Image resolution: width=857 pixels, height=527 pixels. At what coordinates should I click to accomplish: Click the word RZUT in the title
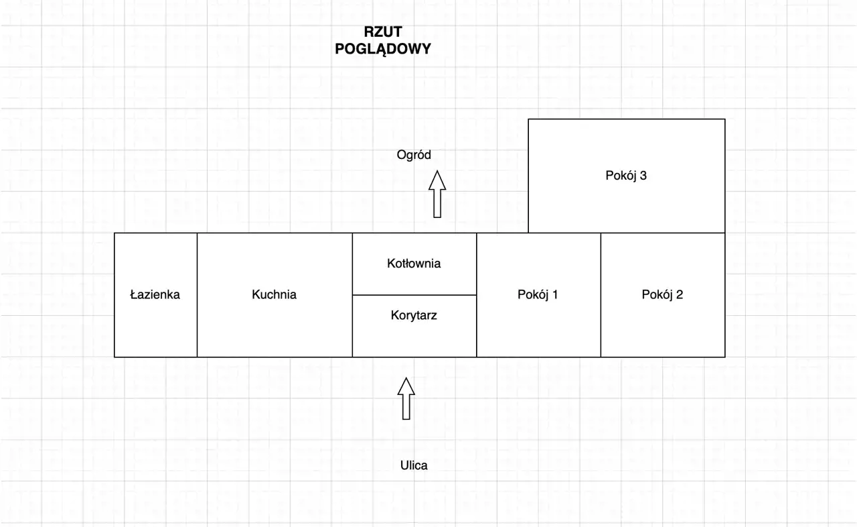[383, 32]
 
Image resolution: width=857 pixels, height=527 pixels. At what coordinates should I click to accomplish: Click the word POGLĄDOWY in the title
[383, 49]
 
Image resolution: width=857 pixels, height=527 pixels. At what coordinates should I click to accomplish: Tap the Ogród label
[414, 155]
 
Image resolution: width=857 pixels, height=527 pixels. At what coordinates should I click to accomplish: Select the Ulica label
[414, 465]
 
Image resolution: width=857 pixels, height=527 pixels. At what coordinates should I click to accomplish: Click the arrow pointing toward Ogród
[437, 194]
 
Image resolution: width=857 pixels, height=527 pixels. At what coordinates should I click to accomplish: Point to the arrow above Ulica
[406, 398]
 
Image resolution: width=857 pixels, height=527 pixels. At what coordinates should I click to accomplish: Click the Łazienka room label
[155, 294]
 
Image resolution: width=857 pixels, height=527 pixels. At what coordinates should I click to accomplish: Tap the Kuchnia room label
[274, 294]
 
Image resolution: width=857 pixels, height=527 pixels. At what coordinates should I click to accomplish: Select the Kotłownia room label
[414, 263]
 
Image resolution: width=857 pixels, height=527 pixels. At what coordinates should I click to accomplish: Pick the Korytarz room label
[414, 314]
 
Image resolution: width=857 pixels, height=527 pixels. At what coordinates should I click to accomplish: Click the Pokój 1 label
[538, 294]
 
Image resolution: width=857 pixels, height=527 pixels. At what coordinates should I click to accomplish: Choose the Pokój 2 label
[662, 294]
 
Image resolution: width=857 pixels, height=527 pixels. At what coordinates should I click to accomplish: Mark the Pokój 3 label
[626, 176]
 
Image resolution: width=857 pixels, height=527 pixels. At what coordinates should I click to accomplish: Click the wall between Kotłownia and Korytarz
[414, 295]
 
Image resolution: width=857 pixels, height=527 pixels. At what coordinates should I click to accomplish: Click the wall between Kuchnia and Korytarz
[352, 329]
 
